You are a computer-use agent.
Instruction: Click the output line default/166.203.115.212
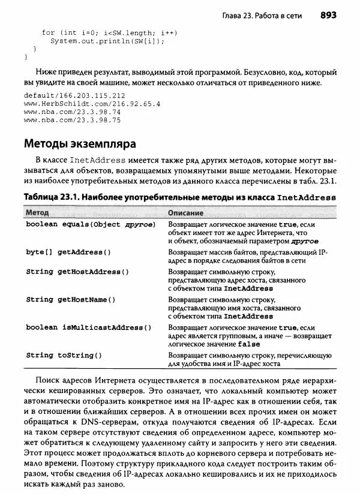tap(74, 95)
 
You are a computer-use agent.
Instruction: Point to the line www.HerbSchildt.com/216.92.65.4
tap(92, 103)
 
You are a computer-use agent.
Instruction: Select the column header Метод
tap(37, 213)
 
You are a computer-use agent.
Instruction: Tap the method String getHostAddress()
tap(77, 272)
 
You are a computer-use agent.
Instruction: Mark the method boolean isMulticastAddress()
tap(88, 327)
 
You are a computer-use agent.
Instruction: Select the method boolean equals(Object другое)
tap(91, 224)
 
